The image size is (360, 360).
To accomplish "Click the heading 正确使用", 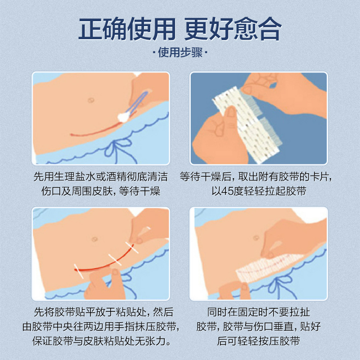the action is click(x=127, y=29).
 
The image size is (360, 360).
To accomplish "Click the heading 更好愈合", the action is click(x=233, y=29).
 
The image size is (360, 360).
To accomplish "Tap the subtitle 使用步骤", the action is click(x=180, y=52).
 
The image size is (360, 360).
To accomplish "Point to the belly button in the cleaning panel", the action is click(x=91, y=100).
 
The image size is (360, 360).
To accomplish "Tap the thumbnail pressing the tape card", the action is click(x=231, y=112).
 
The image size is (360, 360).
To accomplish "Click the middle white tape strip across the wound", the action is click(x=115, y=260).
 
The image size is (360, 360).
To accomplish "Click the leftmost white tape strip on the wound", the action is click(x=78, y=271).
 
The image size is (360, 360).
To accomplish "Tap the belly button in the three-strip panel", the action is click(x=94, y=239).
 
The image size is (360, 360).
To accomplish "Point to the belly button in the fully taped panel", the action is click(x=256, y=238).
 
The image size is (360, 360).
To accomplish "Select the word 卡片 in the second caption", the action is click(x=319, y=177).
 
